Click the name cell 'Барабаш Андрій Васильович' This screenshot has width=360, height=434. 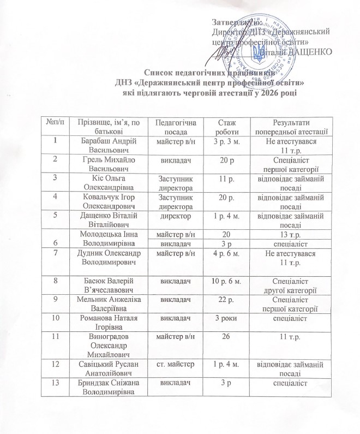point(107,146)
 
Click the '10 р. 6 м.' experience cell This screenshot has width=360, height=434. point(223,281)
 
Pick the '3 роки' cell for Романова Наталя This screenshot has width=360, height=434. point(223,317)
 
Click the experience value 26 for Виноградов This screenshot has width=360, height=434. point(223,339)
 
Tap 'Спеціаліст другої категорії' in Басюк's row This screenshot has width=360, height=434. point(295,285)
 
